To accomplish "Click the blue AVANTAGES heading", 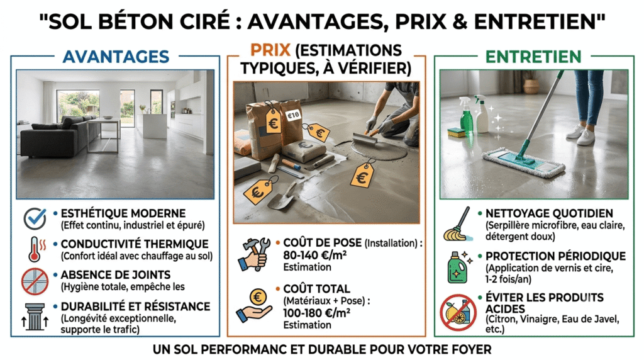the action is pyautogui.click(x=116, y=57).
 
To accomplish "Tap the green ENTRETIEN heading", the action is pyautogui.click(x=533, y=57).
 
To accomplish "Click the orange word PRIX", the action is pyautogui.click(x=270, y=50).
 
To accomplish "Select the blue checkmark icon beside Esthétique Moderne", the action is pyautogui.click(x=35, y=218).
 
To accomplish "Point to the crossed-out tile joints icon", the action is pyautogui.click(x=35, y=281).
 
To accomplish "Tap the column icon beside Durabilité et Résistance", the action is pyautogui.click(x=35, y=317).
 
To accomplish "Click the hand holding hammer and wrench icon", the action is pyautogui.click(x=254, y=254).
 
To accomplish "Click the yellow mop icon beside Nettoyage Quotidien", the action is pyautogui.click(x=458, y=225).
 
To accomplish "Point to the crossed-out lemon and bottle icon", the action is pyautogui.click(x=458, y=312).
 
